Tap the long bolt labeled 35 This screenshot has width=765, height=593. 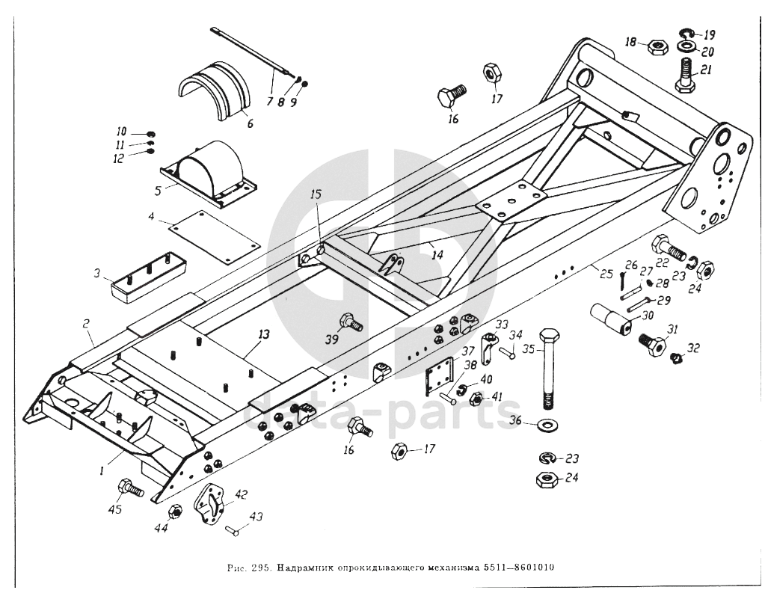(547, 369)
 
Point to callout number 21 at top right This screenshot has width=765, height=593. (704, 70)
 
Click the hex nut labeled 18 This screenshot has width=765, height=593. (657, 47)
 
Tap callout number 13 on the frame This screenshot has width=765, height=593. (264, 335)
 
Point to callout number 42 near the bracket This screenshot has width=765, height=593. (241, 494)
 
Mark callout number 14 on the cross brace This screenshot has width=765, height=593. (437, 255)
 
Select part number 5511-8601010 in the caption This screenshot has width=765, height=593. (519, 568)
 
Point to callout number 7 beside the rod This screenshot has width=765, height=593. (269, 102)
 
